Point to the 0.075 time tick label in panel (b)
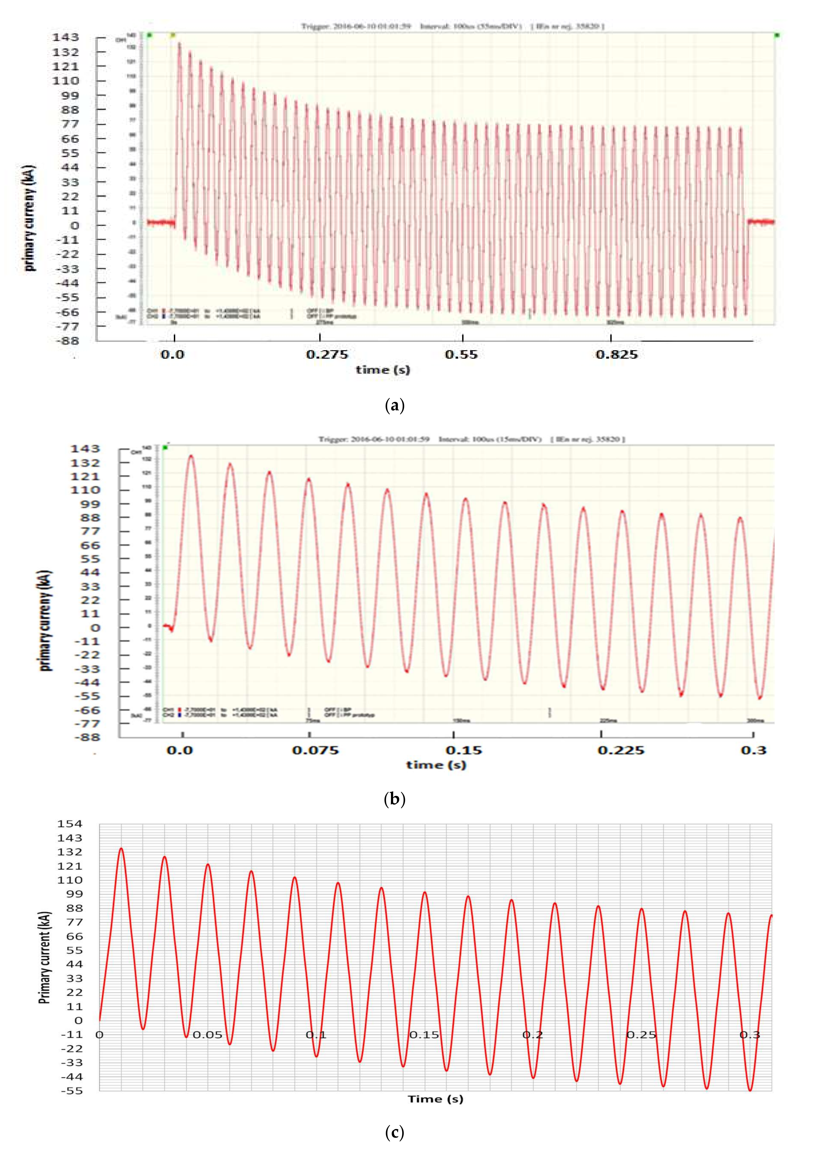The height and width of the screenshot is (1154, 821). coord(315,750)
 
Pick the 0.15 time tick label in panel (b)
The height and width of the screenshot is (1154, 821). coord(464,750)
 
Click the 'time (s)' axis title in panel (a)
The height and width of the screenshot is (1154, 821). coord(383,370)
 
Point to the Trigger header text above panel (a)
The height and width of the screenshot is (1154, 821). coord(452,26)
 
